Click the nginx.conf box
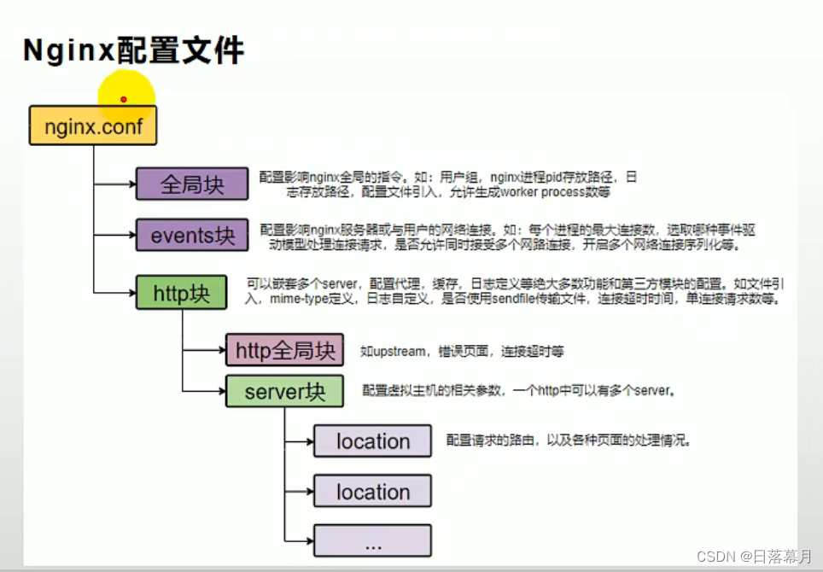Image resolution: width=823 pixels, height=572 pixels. tap(93, 126)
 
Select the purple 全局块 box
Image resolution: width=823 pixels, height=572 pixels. tap(192, 184)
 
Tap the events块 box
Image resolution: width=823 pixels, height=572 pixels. tap(192, 235)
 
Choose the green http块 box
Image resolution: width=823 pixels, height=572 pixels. tap(181, 293)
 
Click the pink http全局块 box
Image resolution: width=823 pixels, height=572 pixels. tap(284, 349)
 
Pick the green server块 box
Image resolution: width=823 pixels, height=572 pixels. tap(284, 391)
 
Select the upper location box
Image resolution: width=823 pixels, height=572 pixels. tap(372, 441)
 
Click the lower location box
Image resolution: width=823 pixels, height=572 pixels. tap(372, 492)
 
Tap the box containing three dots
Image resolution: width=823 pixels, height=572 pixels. tap(372, 541)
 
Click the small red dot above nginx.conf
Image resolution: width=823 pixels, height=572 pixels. tap(124, 99)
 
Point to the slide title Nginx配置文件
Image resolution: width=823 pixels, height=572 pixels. tap(133, 50)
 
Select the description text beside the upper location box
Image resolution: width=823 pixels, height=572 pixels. tap(568, 441)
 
